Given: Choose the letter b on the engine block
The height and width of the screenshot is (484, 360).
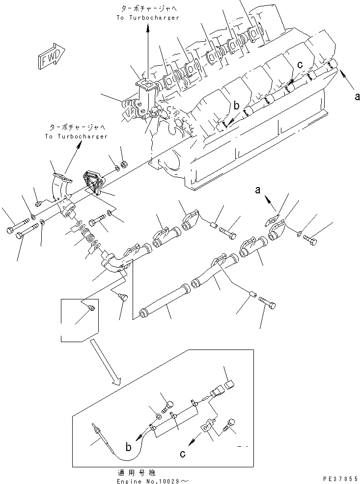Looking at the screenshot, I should (x=236, y=106).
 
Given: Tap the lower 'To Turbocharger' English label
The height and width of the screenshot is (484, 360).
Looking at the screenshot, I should (x=76, y=136).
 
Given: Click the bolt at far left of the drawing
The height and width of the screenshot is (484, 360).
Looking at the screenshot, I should (x=15, y=230).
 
